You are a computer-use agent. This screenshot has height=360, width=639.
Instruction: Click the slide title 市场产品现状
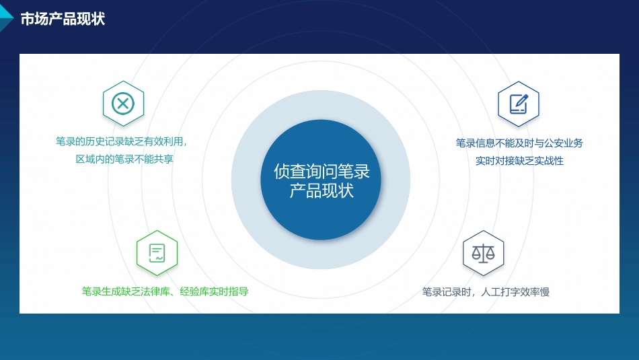coord(63,19)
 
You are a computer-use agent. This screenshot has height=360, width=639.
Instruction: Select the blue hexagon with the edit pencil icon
coord(518,103)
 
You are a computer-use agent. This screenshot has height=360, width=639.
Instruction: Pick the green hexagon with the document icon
coord(157,252)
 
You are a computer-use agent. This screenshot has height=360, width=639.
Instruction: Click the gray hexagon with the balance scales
coord(483,252)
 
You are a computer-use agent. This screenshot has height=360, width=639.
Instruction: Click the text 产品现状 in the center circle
coord(322,190)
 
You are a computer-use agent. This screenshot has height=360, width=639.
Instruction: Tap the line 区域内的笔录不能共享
coord(124,159)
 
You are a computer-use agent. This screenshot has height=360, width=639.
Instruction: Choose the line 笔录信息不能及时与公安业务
coord(519,143)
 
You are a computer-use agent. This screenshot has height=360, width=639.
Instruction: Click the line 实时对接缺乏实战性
coord(519,161)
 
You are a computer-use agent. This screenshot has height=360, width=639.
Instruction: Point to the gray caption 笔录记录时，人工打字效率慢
coord(486,292)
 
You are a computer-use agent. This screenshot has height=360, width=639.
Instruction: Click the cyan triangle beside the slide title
coord(6,12)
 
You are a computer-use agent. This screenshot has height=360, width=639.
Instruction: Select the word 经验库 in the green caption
coord(196,291)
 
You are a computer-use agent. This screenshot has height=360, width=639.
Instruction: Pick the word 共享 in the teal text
coord(164,159)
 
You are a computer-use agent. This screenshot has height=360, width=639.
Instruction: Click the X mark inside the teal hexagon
coord(123,104)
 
